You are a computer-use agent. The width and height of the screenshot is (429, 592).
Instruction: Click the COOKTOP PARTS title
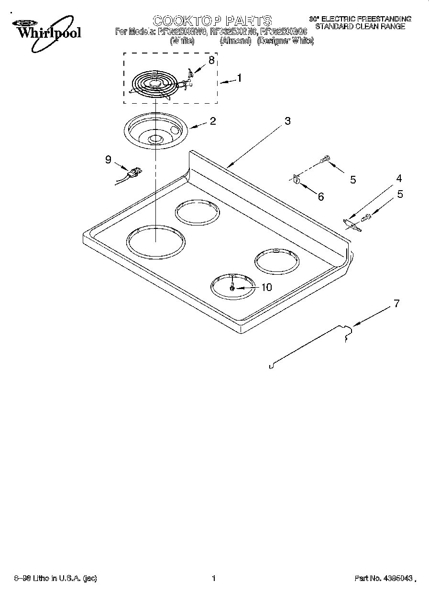pyautogui.click(x=212, y=21)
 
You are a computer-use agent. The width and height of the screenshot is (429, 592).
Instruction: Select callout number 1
pyautogui.click(x=239, y=78)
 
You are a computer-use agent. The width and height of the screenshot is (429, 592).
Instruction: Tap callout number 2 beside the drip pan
pyautogui.click(x=212, y=121)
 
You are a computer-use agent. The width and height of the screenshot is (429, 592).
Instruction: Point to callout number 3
pyautogui.click(x=287, y=121)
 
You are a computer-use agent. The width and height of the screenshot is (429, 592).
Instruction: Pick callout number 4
pyautogui.click(x=398, y=179)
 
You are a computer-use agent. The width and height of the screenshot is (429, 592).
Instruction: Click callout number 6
pyautogui.click(x=320, y=196)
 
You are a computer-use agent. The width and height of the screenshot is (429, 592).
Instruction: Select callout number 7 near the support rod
pyautogui.click(x=396, y=303)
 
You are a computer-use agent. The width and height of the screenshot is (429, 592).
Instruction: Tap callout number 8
pyautogui.click(x=211, y=60)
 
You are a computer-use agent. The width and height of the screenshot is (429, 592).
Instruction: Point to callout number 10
pyautogui.click(x=266, y=287)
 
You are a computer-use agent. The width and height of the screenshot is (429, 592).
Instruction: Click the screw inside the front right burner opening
pyautogui.click(x=232, y=288)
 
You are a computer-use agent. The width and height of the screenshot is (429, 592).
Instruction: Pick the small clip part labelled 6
pyautogui.click(x=296, y=180)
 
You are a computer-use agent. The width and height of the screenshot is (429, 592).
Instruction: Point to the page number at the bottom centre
pyautogui.click(x=214, y=579)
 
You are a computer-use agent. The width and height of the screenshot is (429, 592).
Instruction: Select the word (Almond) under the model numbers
pyautogui.click(x=235, y=42)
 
